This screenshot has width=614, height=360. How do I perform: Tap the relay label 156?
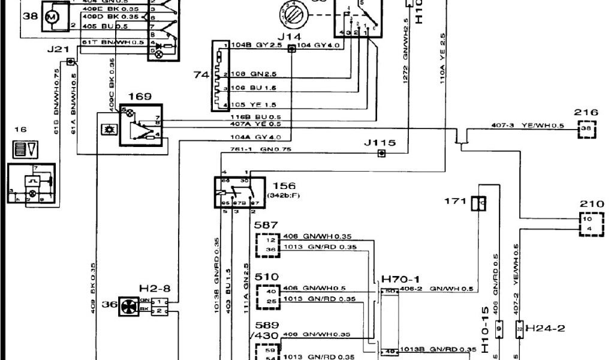click(x=284, y=186)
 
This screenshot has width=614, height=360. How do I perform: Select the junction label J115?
click(x=380, y=143)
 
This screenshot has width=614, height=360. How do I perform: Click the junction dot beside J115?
click(x=381, y=154)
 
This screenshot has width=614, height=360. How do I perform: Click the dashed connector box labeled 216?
click(x=586, y=128)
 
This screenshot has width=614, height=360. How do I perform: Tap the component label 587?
click(x=266, y=226)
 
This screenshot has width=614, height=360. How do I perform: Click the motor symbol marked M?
click(x=51, y=18)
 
